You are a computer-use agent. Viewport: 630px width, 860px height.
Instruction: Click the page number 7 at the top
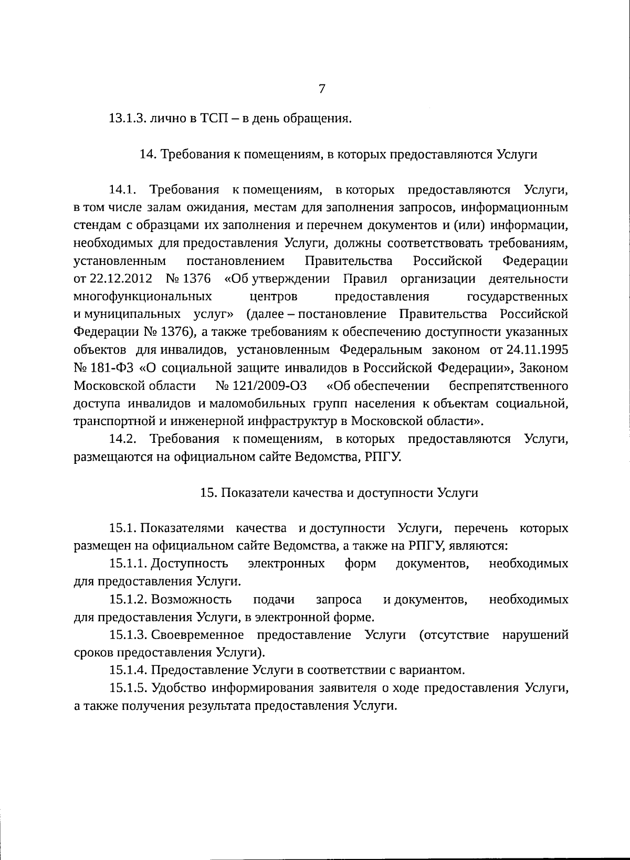(x=322, y=89)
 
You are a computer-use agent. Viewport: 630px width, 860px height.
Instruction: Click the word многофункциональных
(x=143, y=296)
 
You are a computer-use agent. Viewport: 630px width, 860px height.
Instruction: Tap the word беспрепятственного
(x=508, y=386)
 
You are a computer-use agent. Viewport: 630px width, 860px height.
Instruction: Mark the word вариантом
(x=437, y=670)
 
